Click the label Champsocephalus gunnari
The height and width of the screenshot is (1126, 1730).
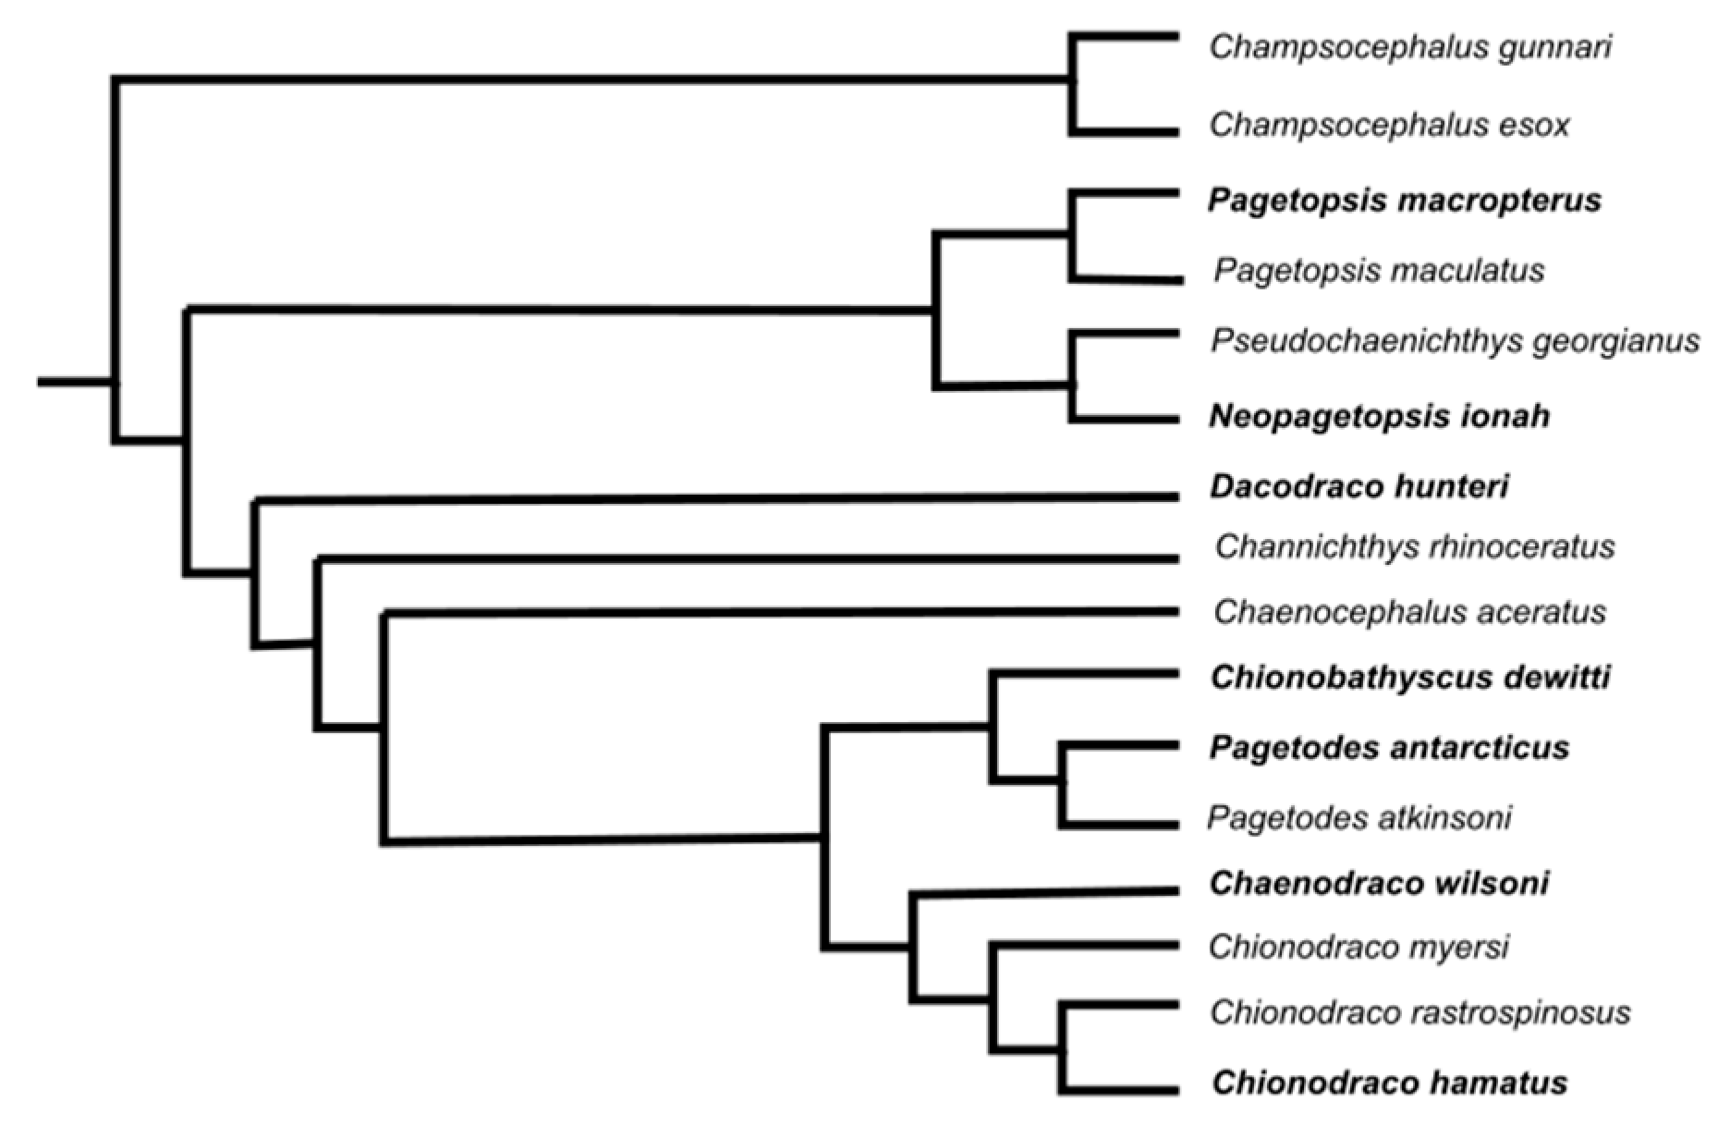click(x=1410, y=47)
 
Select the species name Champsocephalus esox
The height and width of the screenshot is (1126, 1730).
click(x=1389, y=125)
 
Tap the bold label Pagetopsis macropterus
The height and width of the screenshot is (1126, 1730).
click(x=1404, y=201)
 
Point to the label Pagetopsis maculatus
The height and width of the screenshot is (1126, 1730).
click(x=1379, y=271)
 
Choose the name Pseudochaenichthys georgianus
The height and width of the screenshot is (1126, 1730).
click(x=1455, y=341)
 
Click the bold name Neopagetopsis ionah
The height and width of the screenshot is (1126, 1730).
click(x=1379, y=417)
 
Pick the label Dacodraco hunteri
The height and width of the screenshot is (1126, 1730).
click(x=1358, y=486)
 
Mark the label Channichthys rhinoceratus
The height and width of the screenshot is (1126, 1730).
click(x=1415, y=546)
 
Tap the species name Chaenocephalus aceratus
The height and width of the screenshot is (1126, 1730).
click(x=1409, y=612)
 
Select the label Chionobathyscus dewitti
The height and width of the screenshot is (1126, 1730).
click(x=1410, y=678)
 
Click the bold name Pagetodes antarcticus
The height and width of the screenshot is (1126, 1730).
click(x=1389, y=747)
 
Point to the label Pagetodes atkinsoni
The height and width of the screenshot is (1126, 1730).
click(x=1359, y=818)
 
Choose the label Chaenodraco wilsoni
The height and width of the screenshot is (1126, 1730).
click(x=1379, y=884)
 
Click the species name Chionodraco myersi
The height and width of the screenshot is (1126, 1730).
click(x=1358, y=947)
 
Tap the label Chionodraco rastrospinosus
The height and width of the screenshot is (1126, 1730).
click(x=1419, y=1013)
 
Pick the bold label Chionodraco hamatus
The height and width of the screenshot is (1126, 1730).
click(x=1389, y=1083)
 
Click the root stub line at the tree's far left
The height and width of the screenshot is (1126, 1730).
click(x=74, y=381)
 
